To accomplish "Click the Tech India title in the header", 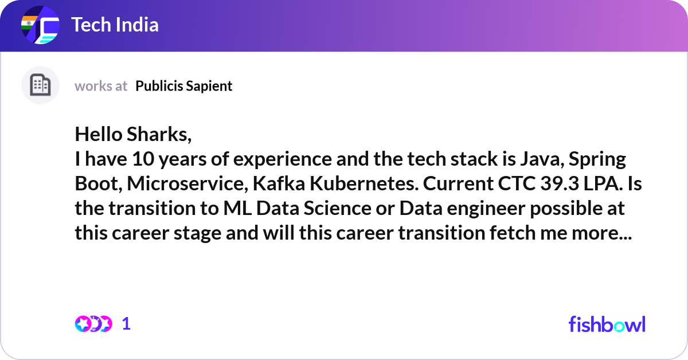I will (115, 25).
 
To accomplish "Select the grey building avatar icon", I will (40, 85).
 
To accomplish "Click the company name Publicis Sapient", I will (184, 86).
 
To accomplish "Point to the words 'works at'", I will (101, 86).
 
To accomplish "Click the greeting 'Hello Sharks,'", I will (133, 134).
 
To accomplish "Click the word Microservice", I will (189, 183).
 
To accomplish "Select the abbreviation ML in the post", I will (237, 208).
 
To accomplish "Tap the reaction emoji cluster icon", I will (93, 324).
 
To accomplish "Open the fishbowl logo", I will (607, 324).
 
